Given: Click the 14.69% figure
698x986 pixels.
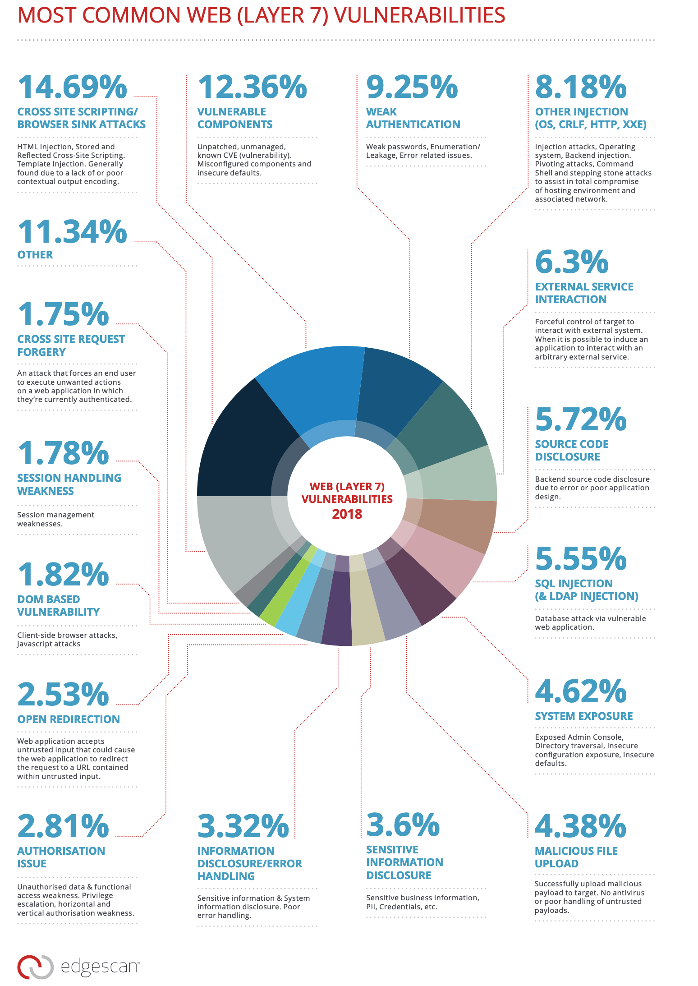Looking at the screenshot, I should click(x=72, y=87).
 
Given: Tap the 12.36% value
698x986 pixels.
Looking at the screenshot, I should click(x=252, y=87).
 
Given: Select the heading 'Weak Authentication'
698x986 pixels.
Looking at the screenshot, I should click(x=413, y=118).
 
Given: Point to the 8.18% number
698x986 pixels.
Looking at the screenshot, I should click(x=581, y=87).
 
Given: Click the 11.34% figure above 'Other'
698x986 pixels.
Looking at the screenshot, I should click(x=72, y=232).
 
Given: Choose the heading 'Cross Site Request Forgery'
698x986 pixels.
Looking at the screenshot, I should click(x=71, y=346).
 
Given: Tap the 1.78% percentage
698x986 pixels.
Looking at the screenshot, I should click(x=63, y=453).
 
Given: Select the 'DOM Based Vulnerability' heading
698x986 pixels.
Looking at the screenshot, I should click(x=58, y=605).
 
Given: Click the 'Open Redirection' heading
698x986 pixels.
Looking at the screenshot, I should click(x=69, y=719).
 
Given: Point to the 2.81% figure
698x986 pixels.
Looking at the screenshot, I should click(x=63, y=826).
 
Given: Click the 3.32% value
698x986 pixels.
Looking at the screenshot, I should click(x=243, y=826).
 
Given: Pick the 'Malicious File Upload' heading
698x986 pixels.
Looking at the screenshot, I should click(x=576, y=857).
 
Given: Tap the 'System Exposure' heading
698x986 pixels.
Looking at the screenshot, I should click(x=583, y=716).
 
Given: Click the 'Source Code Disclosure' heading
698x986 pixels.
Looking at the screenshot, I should click(x=571, y=451).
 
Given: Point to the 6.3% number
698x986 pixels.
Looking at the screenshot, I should click(x=572, y=262).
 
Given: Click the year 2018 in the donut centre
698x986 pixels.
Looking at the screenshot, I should click(x=347, y=514).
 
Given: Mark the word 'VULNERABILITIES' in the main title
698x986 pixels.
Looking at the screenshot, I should click(x=419, y=15).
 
